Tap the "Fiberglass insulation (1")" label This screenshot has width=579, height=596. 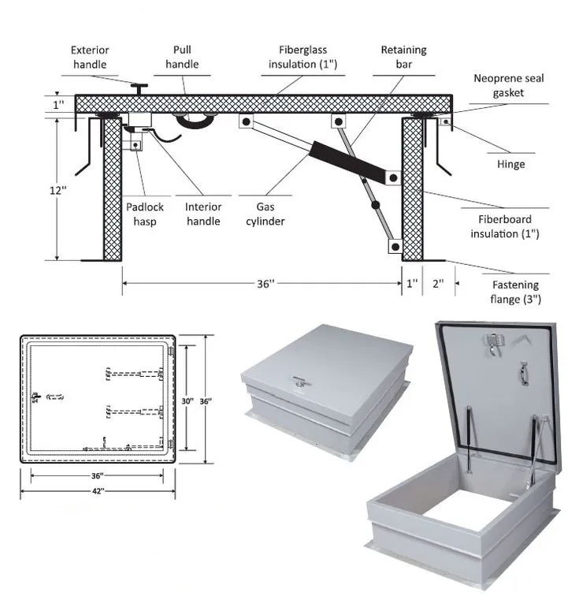pyautogui.click(x=304, y=56)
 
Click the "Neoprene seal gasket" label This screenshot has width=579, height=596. pyautogui.click(x=509, y=85)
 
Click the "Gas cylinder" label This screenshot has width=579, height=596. pyautogui.click(x=265, y=214)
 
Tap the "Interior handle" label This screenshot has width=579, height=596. pyautogui.click(x=203, y=214)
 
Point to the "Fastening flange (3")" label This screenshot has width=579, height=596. pyautogui.click(x=516, y=292)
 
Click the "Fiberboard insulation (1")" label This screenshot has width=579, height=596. pyautogui.click(x=505, y=226)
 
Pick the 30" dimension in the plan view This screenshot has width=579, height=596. pyautogui.click(x=187, y=401)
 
